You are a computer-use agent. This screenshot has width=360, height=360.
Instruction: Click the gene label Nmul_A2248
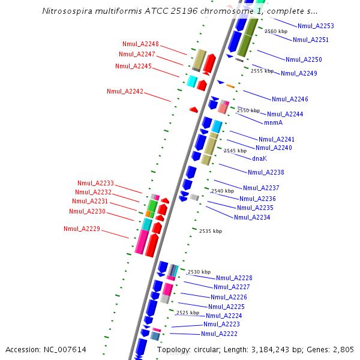[x=140, y=44]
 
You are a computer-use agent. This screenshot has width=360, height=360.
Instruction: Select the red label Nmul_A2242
[x=125, y=91]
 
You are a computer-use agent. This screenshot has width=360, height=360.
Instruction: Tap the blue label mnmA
[x=273, y=122]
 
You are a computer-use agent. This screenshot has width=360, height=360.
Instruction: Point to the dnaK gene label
[x=259, y=158]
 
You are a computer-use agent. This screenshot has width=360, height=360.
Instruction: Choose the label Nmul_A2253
[x=316, y=26]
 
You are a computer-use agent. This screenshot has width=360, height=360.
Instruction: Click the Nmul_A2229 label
[x=82, y=229]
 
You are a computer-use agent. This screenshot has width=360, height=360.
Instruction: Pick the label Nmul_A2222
[x=219, y=334]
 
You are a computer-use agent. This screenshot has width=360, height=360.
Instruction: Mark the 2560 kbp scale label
[x=276, y=31]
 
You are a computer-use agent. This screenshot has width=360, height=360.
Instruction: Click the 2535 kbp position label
[x=211, y=231]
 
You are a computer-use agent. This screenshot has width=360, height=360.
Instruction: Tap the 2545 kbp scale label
[x=235, y=151]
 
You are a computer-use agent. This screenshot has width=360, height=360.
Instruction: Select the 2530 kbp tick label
[x=199, y=272]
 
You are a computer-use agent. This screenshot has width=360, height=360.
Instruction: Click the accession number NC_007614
[x=65, y=350]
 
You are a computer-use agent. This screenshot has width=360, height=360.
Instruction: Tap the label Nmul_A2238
[x=266, y=172]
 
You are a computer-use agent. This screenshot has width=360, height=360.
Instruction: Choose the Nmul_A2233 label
[x=95, y=184]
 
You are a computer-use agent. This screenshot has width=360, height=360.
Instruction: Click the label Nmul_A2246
[x=290, y=99]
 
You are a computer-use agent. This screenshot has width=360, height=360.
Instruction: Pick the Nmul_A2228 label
[x=234, y=278]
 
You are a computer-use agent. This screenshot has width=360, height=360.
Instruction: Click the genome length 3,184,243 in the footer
[x=266, y=350]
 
